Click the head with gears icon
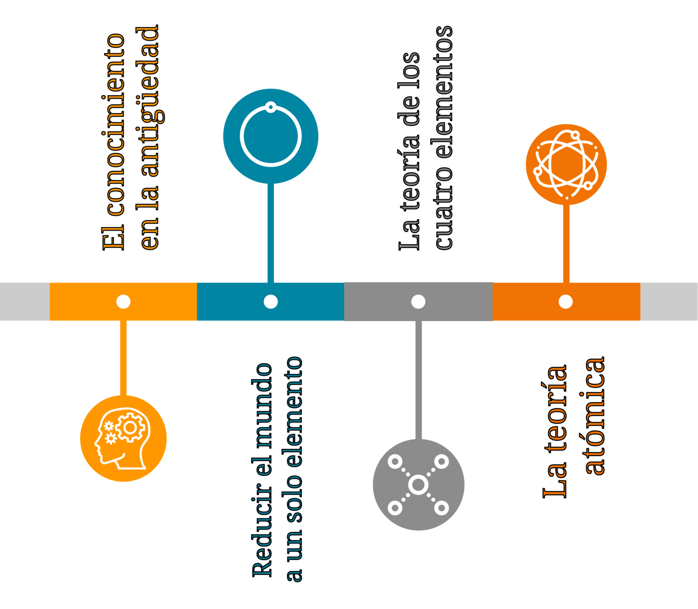coord(123,438)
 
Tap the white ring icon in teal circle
coord(271,136)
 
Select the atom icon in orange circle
coord(566,164)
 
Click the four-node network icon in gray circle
coord(418,484)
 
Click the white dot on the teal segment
coord(271,301)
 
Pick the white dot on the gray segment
coord(418,301)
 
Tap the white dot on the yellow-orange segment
coord(123,301)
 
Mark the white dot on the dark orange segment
coord(565,301)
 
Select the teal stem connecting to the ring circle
coord(271,232)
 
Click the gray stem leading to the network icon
coord(419,379)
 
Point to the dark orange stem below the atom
coord(566,244)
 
